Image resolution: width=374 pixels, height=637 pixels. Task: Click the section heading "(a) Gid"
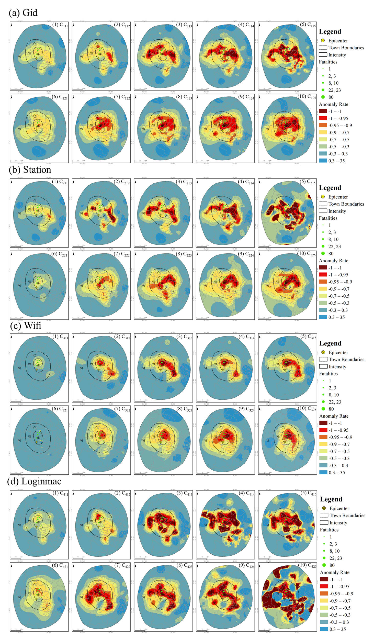coord(23,13)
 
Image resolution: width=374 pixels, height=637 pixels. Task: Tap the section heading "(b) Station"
coord(30,170)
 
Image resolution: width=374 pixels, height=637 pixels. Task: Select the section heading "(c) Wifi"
coord(26,326)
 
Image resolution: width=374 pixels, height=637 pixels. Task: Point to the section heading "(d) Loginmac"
coord(34,481)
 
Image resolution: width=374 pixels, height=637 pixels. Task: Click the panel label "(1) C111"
coord(60,25)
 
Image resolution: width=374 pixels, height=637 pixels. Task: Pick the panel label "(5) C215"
coord(308,182)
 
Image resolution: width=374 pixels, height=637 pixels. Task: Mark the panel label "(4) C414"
coord(246,493)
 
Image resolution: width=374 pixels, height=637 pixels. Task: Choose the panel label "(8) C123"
coord(184,97)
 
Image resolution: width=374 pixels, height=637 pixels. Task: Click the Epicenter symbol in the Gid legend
coord(323,40)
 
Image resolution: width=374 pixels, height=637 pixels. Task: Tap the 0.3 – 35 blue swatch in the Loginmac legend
coord(324,629)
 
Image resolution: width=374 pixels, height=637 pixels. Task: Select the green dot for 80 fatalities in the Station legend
coord(323,253)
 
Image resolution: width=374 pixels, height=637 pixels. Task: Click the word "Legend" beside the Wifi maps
coord(330,343)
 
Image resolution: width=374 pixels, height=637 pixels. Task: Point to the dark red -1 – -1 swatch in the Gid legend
coord(323,111)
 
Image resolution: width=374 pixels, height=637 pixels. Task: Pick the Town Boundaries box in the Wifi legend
coord(323,359)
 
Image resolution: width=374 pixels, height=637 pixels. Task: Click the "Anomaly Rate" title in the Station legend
coord(333,261)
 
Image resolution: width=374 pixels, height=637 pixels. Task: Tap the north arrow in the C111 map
coord(12,25)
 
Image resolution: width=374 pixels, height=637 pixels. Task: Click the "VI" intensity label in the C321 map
coord(19,440)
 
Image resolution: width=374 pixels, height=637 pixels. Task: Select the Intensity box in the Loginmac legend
coord(324,522)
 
